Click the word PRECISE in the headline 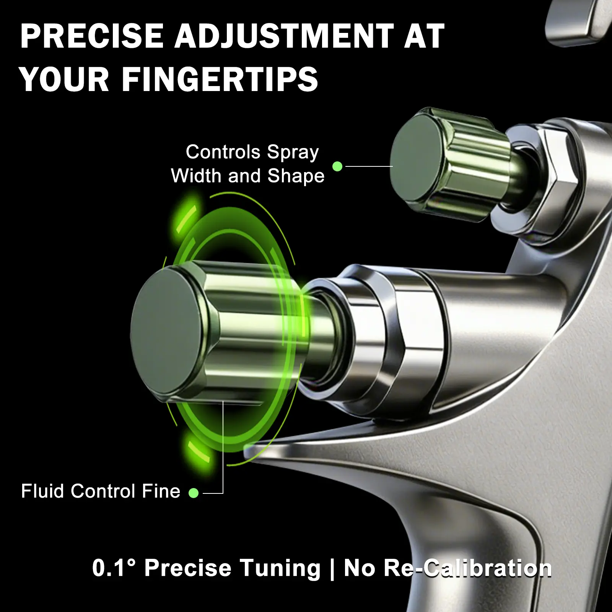coord(91,36)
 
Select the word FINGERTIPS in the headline coord(220,79)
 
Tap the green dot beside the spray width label coord(337,166)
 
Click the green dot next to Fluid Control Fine coord(194,493)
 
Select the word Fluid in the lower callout coord(43,491)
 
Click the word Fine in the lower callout coord(161,491)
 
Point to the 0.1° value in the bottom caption coord(114,568)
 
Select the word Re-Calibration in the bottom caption coord(467,568)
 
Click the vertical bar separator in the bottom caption coord(332,569)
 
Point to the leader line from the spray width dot coord(369,166)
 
